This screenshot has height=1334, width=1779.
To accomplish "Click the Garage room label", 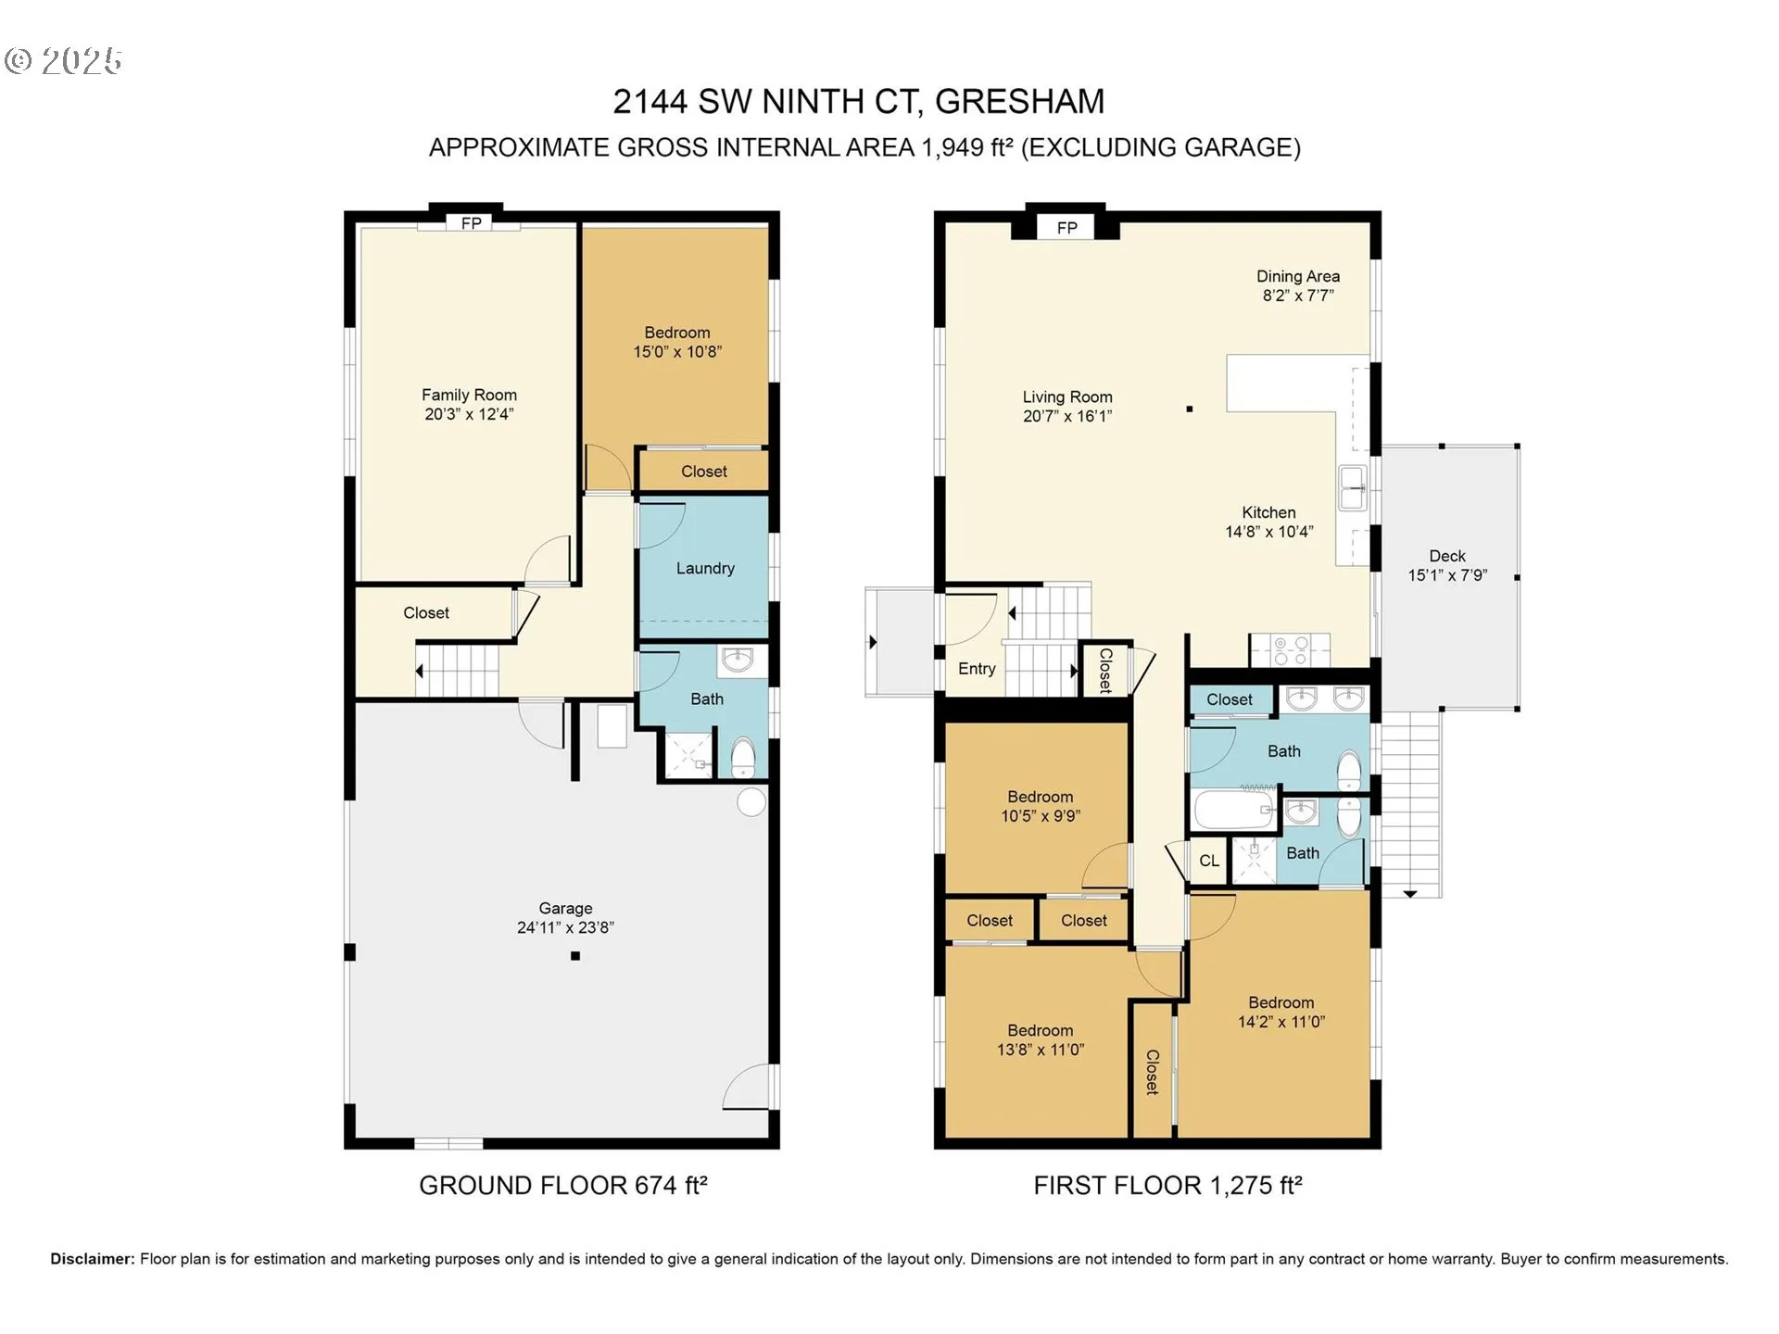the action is tap(565, 909).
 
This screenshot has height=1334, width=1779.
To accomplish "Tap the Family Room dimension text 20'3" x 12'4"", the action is tap(469, 414).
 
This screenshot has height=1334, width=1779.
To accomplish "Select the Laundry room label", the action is tap(705, 569).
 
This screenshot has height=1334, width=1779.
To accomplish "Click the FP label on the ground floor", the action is tap(471, 223).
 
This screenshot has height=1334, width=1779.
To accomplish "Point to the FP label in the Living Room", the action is tap(1066, 228).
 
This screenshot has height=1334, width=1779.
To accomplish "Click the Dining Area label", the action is tap(1297, 276).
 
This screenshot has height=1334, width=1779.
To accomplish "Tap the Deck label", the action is tap(1447, 556).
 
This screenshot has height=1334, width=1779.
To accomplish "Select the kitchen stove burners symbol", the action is tap(1290, 649).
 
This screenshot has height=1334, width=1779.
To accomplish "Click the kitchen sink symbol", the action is tap(1354, 487).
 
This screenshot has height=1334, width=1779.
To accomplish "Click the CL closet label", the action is tap(1209, 861).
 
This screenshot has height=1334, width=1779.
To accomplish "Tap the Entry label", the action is tap(977, 669).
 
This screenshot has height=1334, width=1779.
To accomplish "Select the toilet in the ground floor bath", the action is tap(743, 759).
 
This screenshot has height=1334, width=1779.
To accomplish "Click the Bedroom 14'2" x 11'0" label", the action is tap(1281, 1012).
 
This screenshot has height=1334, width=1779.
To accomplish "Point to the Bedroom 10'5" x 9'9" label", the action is tap(1041, 806).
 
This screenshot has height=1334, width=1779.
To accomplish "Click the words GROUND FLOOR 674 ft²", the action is tap(563, 1185).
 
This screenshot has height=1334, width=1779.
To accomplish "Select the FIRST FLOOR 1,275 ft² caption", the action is tap(1167, 1185).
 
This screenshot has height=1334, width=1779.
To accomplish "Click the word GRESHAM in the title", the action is tap(1019, 101).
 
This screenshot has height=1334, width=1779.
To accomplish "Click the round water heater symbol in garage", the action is tap(751, 802).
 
